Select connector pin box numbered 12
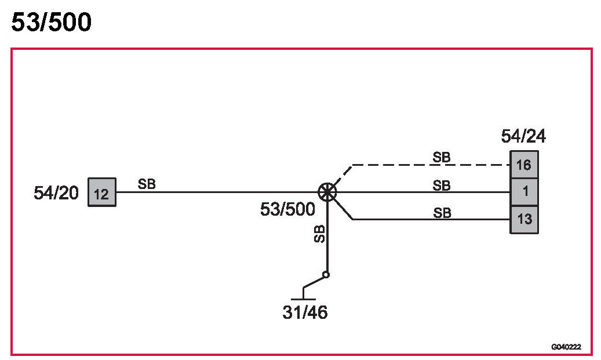pos(101,192)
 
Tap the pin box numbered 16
pos(524,165)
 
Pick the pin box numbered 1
pos(524,192)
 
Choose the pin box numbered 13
pos(524,220)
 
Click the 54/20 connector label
pos(56,193)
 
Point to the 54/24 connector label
pos(523,137)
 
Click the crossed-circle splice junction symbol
pos(327,192)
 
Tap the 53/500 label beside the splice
pos(287,209)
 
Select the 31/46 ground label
pos(305,312)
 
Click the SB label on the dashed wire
pos(442,157)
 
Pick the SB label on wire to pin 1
pos(442,186)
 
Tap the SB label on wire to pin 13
pos(442,213)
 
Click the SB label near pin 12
pos(147,184)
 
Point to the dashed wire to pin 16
pos(429,165)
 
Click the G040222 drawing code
pos(566,347)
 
